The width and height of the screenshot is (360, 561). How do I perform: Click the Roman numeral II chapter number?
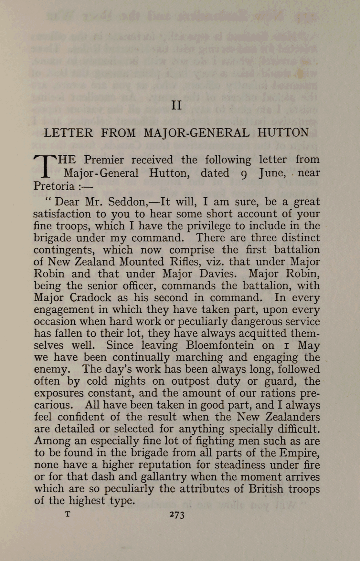click(176, 105)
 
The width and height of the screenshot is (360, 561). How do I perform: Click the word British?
click(266, 489)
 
